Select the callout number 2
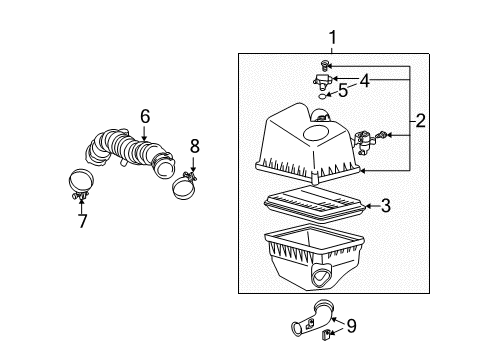(x=421, y=122)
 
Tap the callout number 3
(x=383, y=207)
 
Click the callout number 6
(x=146, y=118)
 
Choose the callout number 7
(x=81, y=218)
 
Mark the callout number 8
(x=194, y=146)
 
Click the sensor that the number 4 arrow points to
(x=323, y=81)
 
